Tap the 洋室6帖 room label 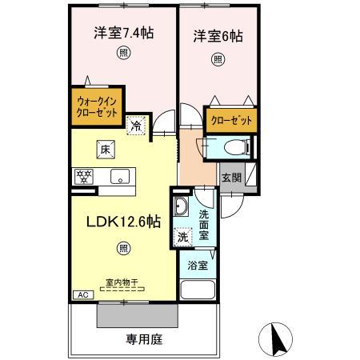point(217,37)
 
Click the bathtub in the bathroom point(197,290)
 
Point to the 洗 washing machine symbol point(183,237)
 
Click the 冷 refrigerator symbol point(136,124)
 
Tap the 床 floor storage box point(105,148)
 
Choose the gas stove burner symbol point(82,176)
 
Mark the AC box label point(82,294)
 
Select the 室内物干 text point(121,282)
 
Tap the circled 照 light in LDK point(124,249)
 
